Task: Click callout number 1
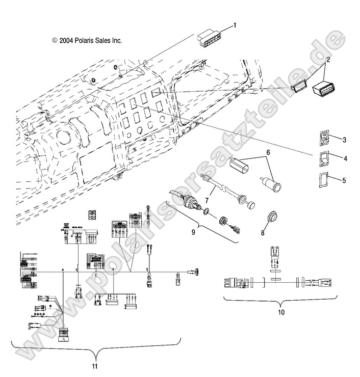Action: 235,24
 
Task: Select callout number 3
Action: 345,140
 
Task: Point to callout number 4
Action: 345,159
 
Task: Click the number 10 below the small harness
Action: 281,311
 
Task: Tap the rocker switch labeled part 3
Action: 325,138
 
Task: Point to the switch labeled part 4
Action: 324,159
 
